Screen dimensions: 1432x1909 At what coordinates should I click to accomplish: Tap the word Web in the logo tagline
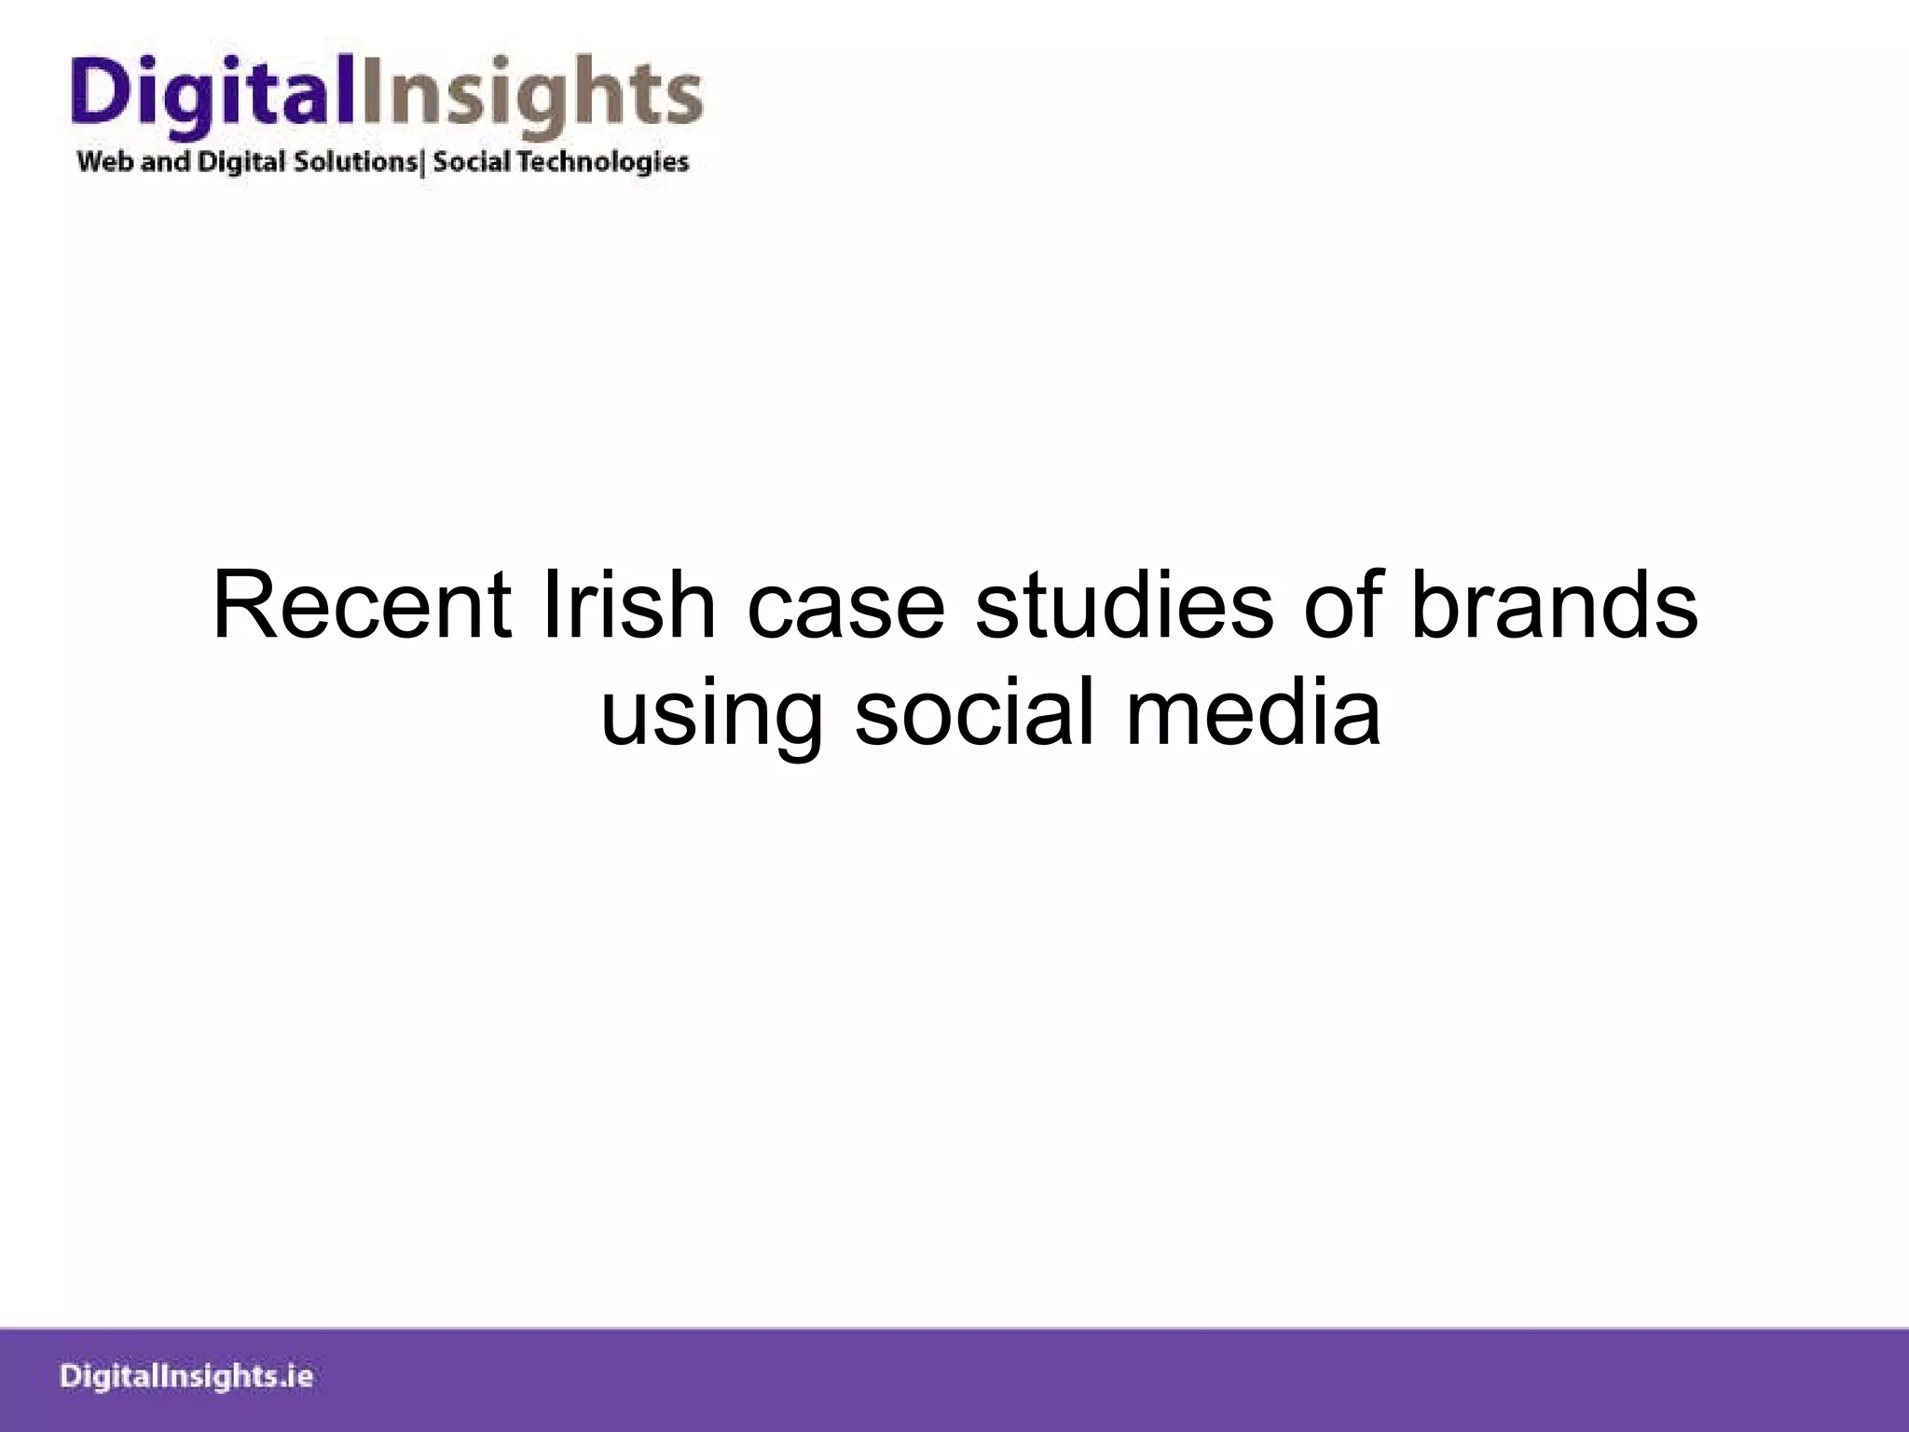[105, 162]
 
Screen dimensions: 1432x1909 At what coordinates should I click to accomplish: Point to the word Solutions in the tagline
[355, 162]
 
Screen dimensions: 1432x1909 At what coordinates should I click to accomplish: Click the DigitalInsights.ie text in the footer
[186, 1377]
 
